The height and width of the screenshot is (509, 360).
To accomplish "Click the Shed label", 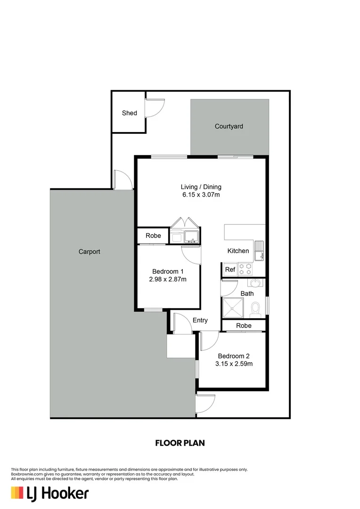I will [129, 113].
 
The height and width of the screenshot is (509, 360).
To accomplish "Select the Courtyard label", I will [229, 126].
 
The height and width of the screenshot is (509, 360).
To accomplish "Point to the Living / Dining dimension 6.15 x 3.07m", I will [201, 194].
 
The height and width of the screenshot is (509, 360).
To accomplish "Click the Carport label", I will [89, 252].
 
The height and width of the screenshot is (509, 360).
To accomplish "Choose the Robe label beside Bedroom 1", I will [153, 236].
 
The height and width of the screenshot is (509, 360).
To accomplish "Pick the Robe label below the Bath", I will [244, 326].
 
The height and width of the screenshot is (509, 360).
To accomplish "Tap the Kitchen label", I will [238, 251].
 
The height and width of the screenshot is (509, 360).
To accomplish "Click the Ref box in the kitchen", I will [230, 270].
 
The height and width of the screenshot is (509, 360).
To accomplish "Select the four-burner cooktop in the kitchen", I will [245, 269].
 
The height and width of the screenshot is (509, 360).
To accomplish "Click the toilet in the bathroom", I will [256, 309].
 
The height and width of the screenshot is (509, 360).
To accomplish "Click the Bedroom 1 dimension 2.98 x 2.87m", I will [167, 279].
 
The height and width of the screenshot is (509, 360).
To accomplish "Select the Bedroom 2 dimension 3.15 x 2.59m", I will [234, 363].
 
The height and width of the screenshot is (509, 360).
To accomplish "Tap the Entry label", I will [200, 320].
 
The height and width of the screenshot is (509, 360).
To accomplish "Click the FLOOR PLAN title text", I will [180, 443].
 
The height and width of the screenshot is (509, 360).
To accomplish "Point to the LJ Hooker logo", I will [49, 493].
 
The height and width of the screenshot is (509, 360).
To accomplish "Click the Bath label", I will [247, 293].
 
